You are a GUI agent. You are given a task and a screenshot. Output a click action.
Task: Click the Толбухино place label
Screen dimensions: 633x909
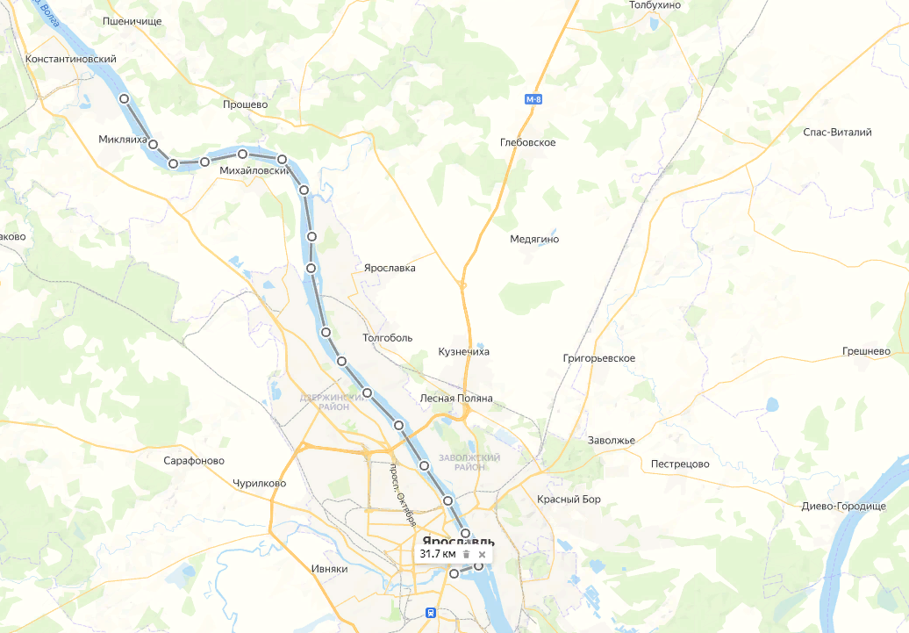(655, 5)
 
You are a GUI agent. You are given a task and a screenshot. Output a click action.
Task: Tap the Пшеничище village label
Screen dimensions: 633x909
(132, 20)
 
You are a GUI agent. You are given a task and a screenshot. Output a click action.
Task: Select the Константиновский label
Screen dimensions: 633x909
(72, 60)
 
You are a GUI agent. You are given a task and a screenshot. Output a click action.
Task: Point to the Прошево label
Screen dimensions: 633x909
(246, 104)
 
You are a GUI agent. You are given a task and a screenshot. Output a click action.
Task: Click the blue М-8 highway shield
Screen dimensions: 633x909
(533, 99)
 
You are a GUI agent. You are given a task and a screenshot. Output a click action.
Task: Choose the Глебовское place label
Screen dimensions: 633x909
(527, 142)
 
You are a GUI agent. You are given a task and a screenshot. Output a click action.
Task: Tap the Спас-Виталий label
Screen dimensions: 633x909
(837, 133)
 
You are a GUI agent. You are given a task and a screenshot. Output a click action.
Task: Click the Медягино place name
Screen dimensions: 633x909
(534, 239)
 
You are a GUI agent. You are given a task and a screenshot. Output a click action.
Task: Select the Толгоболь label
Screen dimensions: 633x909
(387, 337)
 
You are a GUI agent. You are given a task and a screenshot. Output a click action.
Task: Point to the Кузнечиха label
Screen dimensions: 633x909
(463, 352)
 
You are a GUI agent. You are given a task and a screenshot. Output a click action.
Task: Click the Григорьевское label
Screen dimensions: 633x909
(598, 359)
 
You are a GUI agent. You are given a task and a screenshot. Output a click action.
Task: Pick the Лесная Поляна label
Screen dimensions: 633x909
(456, 399)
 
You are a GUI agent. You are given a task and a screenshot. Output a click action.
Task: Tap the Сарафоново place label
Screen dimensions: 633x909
(194, 461)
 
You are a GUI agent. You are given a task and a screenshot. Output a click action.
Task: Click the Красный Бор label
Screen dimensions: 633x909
(569, 500)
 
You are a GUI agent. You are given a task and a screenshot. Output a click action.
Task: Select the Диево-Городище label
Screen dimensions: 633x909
(843, 507)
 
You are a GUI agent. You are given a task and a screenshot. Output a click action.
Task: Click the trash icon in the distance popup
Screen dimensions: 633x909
(467, 555)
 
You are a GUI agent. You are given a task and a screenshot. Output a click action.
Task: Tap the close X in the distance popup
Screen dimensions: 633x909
(482, 555)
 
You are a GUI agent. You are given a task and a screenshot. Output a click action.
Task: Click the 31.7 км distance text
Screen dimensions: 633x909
(438, 555)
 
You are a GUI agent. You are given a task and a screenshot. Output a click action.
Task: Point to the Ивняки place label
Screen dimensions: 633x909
(330, 569)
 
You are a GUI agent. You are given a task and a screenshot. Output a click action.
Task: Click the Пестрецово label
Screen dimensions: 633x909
(680, 464)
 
